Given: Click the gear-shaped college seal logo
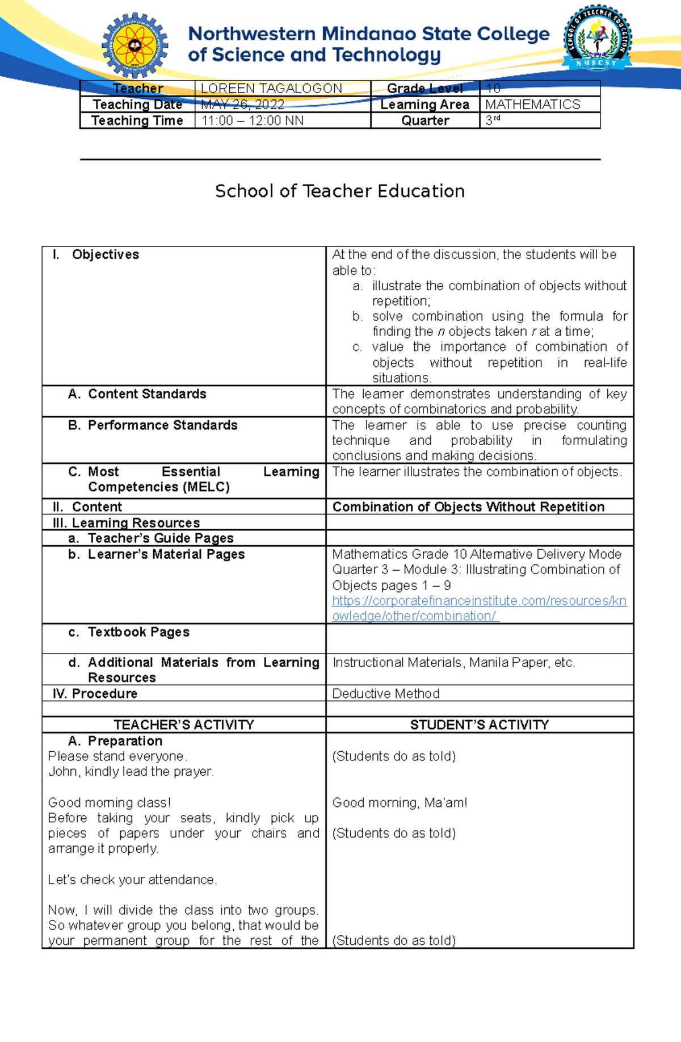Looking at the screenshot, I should (x=135, y=45).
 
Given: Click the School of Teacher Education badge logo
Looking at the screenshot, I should (x=597, y=39).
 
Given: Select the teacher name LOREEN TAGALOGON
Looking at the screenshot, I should (x=271, y=89).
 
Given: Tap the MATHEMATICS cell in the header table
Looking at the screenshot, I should (x=532, y=104).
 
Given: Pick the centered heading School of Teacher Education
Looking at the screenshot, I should (x=340, y=191).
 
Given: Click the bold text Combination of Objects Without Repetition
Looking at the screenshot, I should (x=468, y=507).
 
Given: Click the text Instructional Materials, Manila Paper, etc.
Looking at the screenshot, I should (x=453, y=663).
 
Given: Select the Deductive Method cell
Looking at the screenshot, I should (x=386, y=694).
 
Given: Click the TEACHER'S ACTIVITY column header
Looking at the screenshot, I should (x=184, y=725).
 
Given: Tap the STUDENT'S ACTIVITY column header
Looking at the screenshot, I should (x=480, y=725).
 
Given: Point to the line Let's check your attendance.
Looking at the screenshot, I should (x=132, y=880).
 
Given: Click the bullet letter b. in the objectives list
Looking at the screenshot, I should (x=357, y=316).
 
